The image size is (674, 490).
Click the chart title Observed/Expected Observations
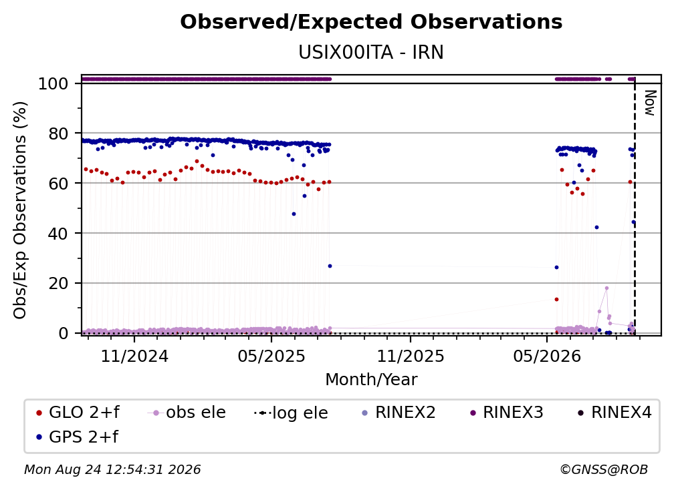click(x=371, y=22)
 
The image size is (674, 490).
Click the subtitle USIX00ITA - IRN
click(x=371, y=52)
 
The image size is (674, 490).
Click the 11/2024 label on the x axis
click(x=134, y=356)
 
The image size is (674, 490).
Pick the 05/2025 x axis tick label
click(x=271, y=356)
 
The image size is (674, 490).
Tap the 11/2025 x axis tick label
click(x=411, y=356)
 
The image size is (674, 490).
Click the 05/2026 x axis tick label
click(x=547, y=356)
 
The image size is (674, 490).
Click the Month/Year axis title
click(x=371, y=380)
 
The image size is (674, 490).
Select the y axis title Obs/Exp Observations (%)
click(x=20, y=210)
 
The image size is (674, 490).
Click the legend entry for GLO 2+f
click(x=78, y=413)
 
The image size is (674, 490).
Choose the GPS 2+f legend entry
click(x=78, y=437)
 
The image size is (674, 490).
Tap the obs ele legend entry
click(x=187, y=413)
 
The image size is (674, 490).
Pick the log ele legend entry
click(x=291, y=413)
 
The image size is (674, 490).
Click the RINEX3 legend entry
click(x=507, y=413)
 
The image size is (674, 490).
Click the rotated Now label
click(x=649, y=103)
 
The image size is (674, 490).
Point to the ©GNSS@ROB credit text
click(x=604, y=470)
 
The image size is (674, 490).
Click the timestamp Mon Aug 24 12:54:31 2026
click(x=112, y=470)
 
